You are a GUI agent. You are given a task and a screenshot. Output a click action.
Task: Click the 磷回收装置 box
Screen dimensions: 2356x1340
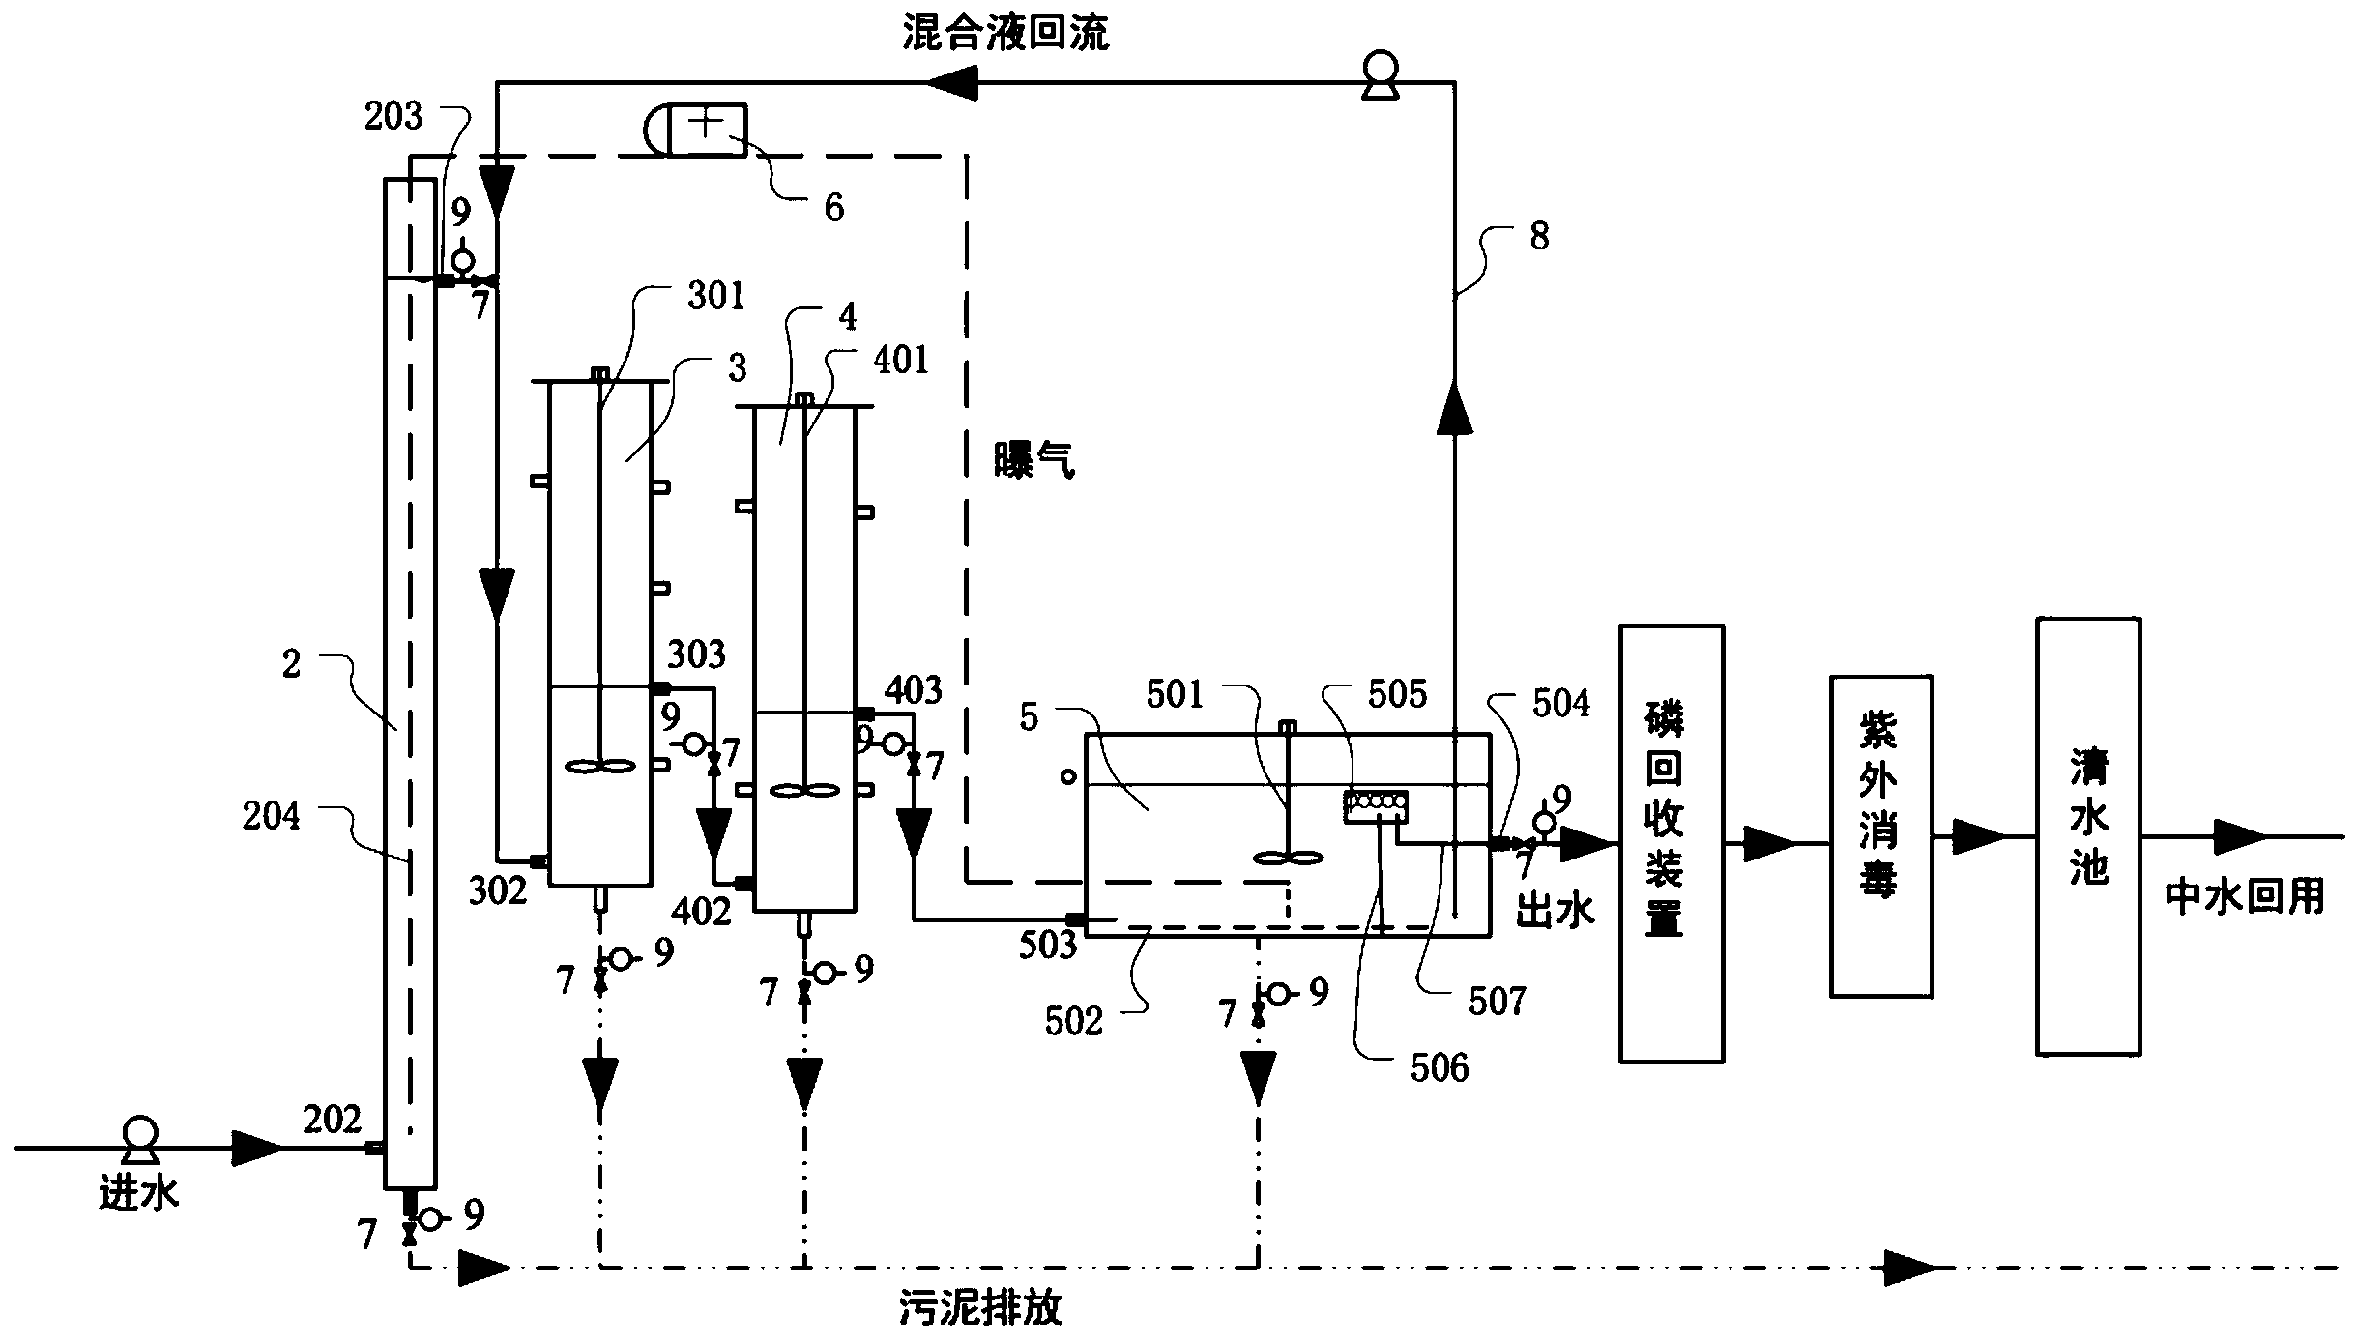pos(1672,843)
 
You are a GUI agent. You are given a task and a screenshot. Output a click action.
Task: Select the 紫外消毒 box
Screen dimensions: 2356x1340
pos(1881,836)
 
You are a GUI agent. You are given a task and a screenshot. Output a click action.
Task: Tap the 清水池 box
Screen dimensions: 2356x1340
pos(2088,835)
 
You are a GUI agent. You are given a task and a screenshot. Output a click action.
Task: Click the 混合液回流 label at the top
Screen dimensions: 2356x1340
pos(1005,33)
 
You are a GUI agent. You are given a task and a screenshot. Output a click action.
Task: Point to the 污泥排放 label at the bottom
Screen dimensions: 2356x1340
pos(980,1309)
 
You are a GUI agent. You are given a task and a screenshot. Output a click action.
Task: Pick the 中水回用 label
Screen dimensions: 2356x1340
pos(2245,898)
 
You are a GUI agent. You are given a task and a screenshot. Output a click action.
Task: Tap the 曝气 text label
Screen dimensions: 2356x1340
pos(1034,460)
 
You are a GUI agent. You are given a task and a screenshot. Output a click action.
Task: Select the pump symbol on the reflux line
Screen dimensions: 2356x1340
pos(1381,74)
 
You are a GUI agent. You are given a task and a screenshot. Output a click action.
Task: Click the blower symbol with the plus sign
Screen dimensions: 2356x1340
pos(696,130)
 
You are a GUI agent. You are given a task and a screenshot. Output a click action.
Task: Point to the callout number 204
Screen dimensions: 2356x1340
pos(271,816)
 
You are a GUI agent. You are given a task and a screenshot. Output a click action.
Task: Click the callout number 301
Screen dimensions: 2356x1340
pos(715,295)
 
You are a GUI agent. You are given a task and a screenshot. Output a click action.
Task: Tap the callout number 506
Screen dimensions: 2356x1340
pos(1440,1067)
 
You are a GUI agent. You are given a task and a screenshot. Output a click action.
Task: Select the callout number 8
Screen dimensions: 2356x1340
pos(1540,235)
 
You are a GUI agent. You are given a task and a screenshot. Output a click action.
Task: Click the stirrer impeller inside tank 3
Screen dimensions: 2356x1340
pos(600,767)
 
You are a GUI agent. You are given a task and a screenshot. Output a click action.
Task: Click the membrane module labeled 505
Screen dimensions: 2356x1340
pos(1376,806)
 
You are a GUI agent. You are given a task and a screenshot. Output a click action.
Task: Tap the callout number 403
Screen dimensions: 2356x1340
pos(914,690)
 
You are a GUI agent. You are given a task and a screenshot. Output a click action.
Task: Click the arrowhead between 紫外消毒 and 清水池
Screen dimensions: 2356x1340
pos(1980,837)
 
